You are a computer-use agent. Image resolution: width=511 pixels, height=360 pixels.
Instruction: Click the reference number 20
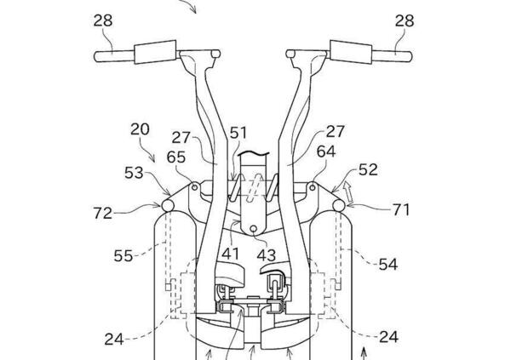click(x=140, y=129)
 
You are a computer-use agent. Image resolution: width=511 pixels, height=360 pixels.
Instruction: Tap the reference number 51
click(x=238, y=134)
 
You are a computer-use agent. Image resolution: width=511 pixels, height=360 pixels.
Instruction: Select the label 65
click(x=176, y=157)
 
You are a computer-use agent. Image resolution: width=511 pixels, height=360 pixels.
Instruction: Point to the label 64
click(x=326, y=152)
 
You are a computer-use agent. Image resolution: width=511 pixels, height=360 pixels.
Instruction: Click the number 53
click(x=134, y=173)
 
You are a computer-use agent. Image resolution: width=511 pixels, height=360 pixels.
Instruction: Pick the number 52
click(x=368, y=169)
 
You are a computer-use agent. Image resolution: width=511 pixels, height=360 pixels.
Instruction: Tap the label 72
click(x=103, y=214)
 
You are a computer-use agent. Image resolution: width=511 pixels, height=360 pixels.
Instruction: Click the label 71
click(x=400, y=210)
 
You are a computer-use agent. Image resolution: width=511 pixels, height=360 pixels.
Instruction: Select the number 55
click(x=123, y=256)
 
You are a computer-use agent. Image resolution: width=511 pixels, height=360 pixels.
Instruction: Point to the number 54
click(x=388, y=264)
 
